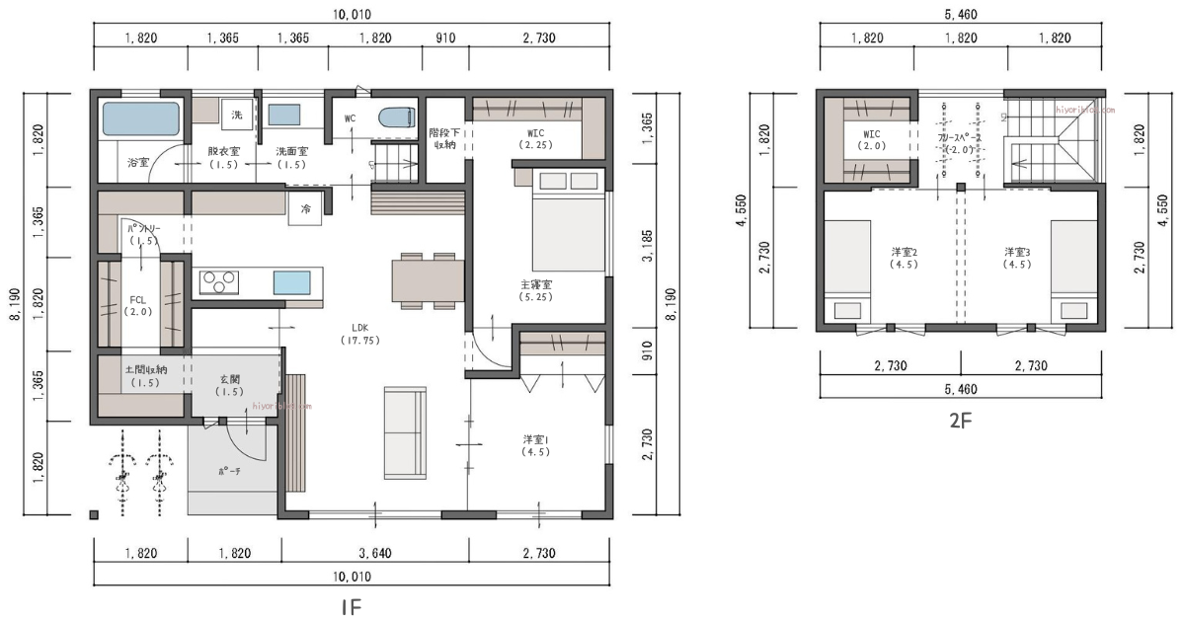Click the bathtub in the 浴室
(x=142, y=118)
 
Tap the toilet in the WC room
(x=393, y=117)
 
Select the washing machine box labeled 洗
(x=237, y=116)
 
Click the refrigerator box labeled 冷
(x=306, y=209)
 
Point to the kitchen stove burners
(x=219, y=282)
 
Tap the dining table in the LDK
(x=428, y=279)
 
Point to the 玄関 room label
(x=231, y=385)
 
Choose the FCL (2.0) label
(x=139, y=304)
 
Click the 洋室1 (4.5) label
(x=535, y=445)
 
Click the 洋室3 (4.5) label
(x=1017, y=258)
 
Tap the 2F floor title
(x=961, y=420)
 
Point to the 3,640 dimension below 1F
(x=374, y=553)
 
